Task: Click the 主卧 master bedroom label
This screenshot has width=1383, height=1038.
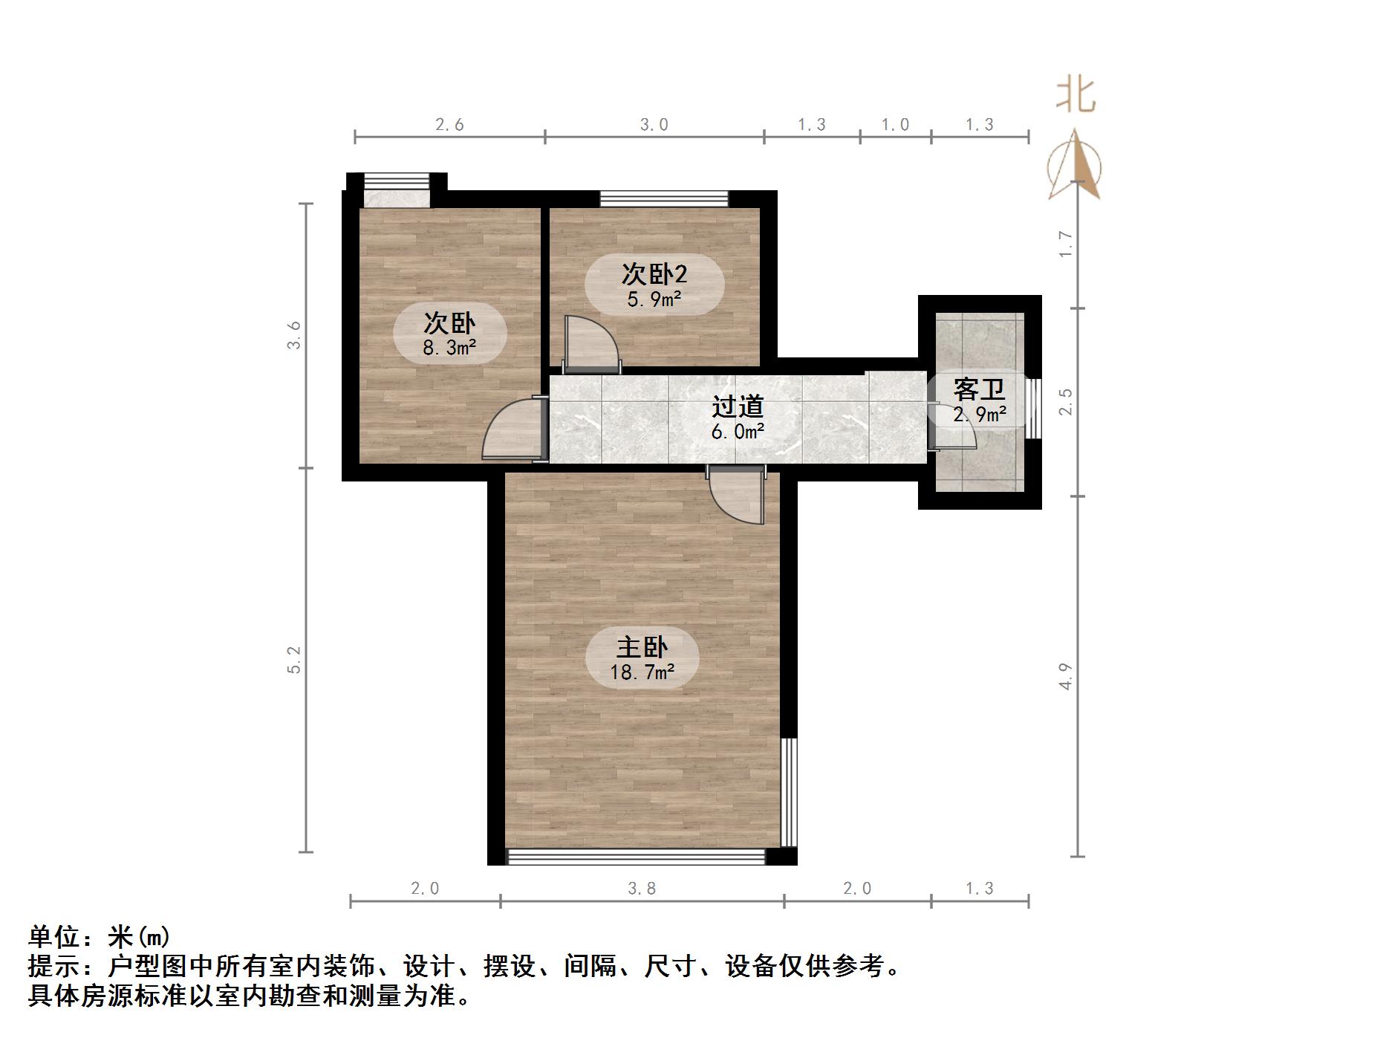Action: coord(642,647)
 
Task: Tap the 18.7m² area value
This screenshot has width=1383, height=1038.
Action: coord(642,672)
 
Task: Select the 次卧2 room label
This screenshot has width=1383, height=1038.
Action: coord(654,274)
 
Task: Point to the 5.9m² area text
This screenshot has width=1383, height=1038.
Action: coord(654,299)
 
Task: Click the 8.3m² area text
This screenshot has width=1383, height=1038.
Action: coord(449,347)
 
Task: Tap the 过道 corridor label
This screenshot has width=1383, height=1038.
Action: coord(738,406)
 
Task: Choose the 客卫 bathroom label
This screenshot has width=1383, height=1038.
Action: coord(979,389)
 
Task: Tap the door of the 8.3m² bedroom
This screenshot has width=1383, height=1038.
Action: coord(512,432)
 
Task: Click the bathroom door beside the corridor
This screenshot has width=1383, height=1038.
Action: coord(951,427)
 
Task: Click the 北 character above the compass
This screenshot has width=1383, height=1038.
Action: coord(1076,97)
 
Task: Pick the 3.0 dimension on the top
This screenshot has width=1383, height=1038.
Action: coord(654,125)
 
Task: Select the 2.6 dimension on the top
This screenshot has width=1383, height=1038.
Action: coord(449,125)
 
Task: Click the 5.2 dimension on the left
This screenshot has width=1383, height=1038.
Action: coord(295,659)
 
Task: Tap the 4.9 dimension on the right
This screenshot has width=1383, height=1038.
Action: coord(1066,676)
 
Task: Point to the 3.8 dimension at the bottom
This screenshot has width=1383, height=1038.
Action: coord(642,888)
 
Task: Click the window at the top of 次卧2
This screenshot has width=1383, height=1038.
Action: coord(664,198)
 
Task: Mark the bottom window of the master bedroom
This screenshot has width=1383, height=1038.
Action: coord(636,857)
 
